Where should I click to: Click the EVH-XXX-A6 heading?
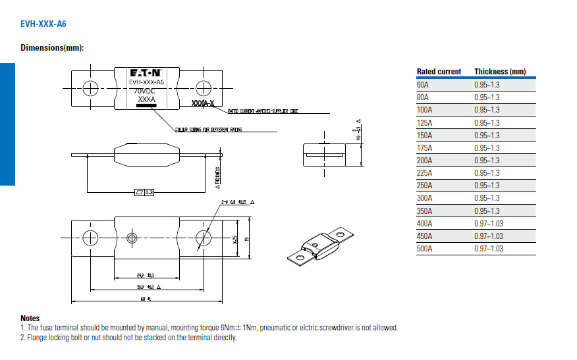pos(43,24)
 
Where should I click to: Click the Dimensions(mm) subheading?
pos(52,47)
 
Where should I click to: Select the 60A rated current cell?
pos(423,85)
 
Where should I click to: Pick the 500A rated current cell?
pos(425,249)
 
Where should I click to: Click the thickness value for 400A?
pos(489,224)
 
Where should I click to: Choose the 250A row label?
pos(425,186)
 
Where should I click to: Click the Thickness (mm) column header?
pos(500,72)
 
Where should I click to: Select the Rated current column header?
pos(439,72)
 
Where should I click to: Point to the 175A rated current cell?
pos(425,148)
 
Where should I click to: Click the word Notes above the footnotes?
pos(30,319)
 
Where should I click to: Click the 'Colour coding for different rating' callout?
pos(209,130)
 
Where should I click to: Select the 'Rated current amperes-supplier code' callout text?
pos(263,111)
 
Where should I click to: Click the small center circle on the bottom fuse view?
pos(132,238)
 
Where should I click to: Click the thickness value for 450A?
pos(489,236)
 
